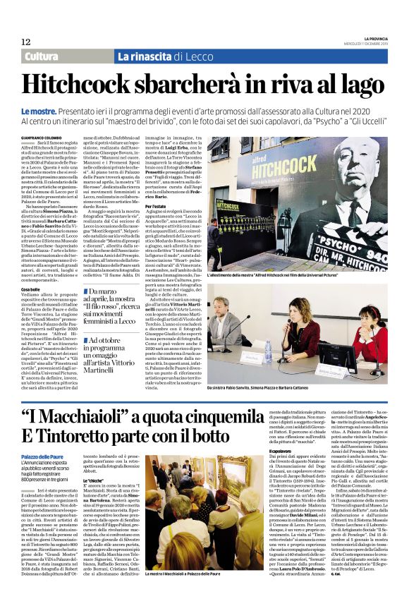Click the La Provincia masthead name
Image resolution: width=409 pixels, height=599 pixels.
370,38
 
